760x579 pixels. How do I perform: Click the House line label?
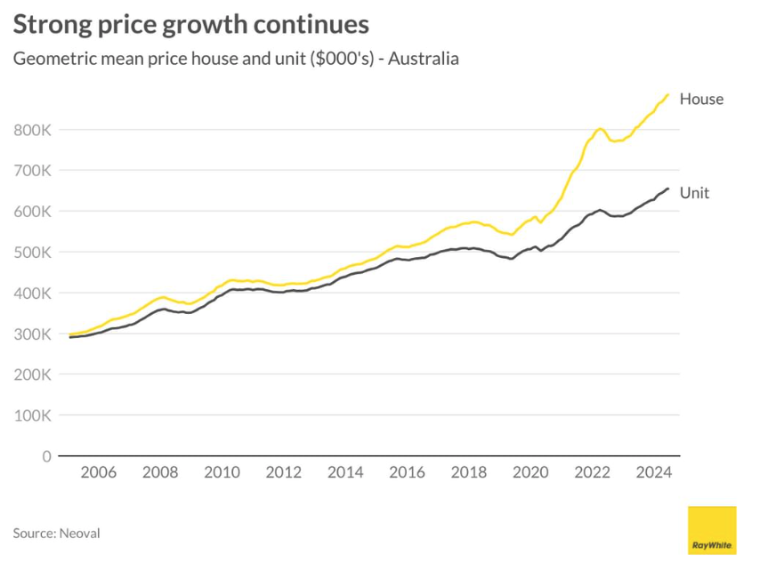tap(701, 100)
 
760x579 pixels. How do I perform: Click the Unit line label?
tap(694, 193)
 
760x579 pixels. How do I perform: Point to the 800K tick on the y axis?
tap(34, 130)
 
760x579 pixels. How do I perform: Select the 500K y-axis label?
tap(34, 253)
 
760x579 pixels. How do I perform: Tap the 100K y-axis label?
tap(34, 415)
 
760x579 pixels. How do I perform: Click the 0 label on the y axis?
tap(45, 456)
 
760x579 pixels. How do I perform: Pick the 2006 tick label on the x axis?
tap(98, 473)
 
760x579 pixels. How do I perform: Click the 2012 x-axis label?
tap(283, 473)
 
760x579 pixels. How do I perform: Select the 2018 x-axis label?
tap(468, 473)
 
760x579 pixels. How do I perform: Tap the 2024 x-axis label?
tap(652, 473)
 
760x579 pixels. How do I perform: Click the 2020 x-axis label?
tap(530, 473)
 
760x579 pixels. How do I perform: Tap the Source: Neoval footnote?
tap(56, 534)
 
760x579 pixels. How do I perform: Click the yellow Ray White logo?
tap(712, 530)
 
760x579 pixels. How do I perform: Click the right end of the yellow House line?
tap(668, 94)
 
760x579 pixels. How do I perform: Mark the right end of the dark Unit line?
tap(668, 189)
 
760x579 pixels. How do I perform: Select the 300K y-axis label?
tap(34, 334)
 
